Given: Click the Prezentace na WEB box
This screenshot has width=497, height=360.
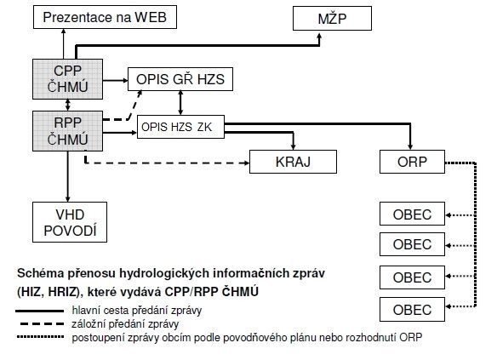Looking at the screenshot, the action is click(105, 17).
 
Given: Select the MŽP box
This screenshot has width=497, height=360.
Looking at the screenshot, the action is click(332, 19).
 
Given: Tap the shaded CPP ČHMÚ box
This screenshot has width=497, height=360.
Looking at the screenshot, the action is click(67, 79).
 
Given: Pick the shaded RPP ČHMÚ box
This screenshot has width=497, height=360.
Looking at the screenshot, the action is click(67, 131).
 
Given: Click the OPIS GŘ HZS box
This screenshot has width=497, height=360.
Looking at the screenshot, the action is click(180, 79).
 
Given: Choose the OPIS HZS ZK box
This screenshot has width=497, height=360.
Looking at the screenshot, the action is click(180, 127).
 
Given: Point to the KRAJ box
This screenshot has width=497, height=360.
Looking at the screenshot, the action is click(293, 162).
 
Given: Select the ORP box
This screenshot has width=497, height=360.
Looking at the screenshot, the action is click(412, 162).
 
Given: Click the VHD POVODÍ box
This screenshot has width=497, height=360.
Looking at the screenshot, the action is click(70, 222).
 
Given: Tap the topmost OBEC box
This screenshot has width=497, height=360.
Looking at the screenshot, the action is click(412, 214).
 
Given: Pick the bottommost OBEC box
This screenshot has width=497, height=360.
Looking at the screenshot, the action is click(412, 309).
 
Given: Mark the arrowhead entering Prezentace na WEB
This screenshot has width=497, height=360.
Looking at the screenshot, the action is click(63, 31).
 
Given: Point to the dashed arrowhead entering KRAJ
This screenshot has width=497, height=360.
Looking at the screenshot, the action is click(246, 163).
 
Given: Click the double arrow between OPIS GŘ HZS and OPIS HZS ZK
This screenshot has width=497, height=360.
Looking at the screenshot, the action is click(180, 103).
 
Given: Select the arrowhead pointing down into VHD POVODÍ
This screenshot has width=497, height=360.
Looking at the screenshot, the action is click(67, 198).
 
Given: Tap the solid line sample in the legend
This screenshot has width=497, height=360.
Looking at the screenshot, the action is click(40, 311).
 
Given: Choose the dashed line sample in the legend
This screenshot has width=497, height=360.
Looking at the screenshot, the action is click(42, 324).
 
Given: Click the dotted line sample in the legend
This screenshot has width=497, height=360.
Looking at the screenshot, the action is click(40, 336).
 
